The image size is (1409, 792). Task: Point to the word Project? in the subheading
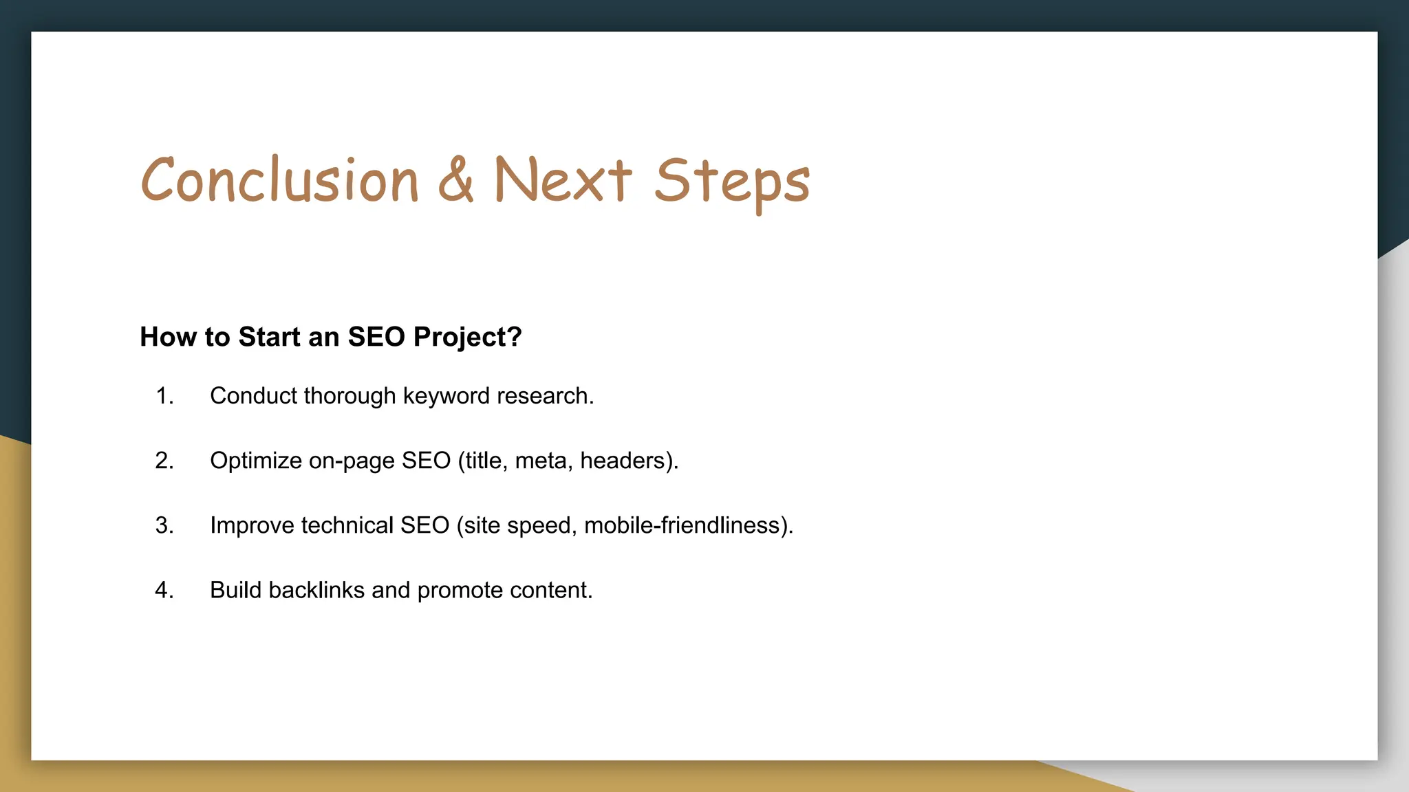pyautogui.click(x=467, y=338)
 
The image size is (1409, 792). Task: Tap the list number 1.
pyautogui.click(x=164, y=396)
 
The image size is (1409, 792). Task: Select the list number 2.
pyautogui.click(x=164, y=461)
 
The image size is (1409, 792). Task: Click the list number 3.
pyautogui.click(x=164, y=525)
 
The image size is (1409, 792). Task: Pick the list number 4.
pyautogui.click(x=164, y=590)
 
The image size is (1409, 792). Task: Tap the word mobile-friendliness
pyautogui.click(x=682, y=525)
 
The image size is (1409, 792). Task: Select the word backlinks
pyautogui.click(x=316, y=590)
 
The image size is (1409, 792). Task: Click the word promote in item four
pyautogui.click(x=460, y=591)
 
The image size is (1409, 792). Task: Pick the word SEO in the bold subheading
pyautogui.click(x=376, y=338)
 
